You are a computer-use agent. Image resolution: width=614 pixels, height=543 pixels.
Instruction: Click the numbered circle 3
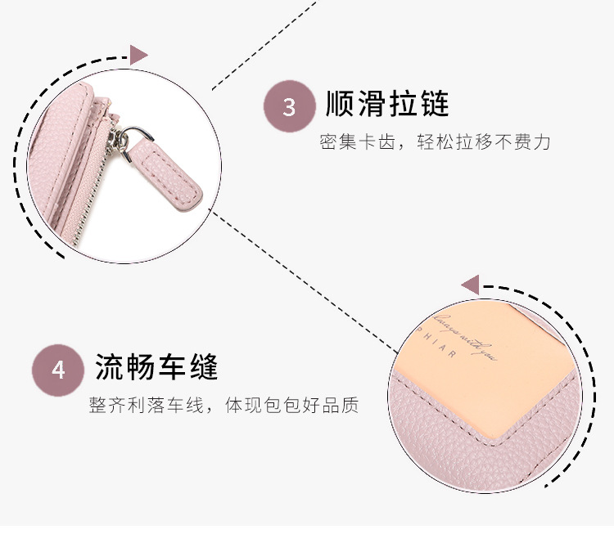(x=289, y=107)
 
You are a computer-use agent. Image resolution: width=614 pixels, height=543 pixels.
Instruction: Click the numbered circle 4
(x=58, y=370)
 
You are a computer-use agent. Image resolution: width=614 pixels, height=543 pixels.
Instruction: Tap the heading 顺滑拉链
(x=387, y=105)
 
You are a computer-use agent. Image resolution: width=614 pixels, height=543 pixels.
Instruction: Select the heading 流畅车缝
(x=157, y=367)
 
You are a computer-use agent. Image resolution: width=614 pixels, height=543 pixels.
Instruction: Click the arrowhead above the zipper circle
(x=138, y=55)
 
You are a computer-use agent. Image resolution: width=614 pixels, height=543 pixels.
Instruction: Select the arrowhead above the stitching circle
(x=469, y=285)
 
